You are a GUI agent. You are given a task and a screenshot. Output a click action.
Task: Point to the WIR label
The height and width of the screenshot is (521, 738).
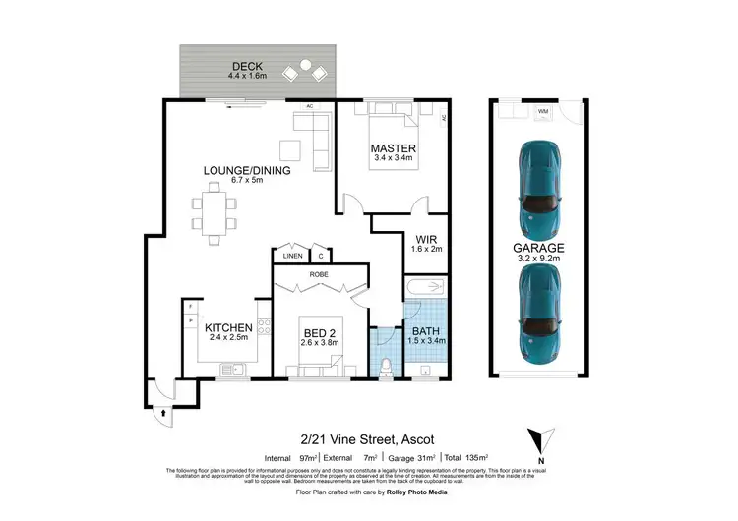(x=426, y=238)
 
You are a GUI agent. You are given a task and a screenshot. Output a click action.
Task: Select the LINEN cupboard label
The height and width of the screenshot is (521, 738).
(x=292, y=256)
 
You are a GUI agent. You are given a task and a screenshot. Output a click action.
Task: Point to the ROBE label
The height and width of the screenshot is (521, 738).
(x=319, y=274)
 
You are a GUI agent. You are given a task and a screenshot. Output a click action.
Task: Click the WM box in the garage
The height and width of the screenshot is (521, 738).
(x=542, y=112)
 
